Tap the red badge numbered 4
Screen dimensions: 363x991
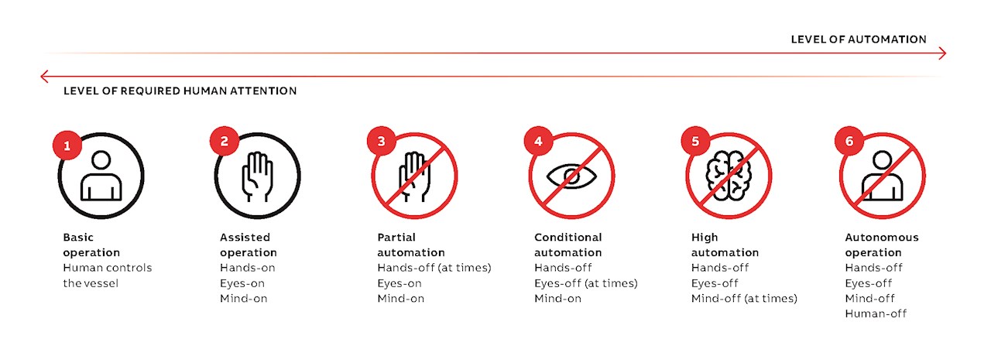[x=539, y=142]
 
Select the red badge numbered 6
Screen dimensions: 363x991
[x=849, y=142]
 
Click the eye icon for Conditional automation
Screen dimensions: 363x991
[x=571, y=176]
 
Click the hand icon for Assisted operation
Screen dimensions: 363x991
[x=257, y=176]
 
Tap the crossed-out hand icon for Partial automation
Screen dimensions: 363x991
[x=414, y=176]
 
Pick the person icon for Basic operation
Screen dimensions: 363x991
[x=101, y=176]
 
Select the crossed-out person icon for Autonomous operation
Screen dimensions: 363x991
[x=883, y=176]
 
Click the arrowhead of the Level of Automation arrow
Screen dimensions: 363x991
[x=941, y=53]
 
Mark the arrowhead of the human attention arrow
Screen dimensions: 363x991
[x=45, y=76]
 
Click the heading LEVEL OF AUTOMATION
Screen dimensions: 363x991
[x=859, y=39]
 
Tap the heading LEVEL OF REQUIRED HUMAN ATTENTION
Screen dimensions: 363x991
[x=180, y=91]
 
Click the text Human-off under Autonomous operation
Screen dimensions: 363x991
[x=876, y=313]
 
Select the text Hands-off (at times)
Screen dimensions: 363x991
[x=434, y=268]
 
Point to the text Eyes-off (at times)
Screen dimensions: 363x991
[x=586, y=283]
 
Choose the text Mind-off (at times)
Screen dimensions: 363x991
[x=744, y=298]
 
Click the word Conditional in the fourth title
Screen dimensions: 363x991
[x=568, y=238]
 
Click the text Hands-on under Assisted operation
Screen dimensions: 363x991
[x=247, y=268]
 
